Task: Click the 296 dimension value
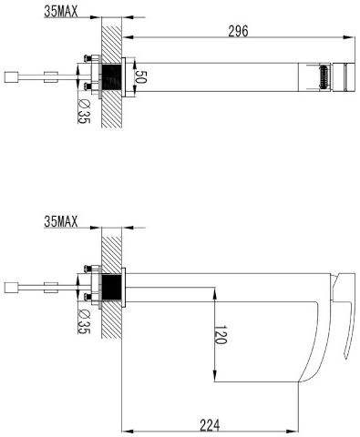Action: [238, 31]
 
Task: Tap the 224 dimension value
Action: [210, 425]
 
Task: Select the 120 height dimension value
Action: [221, 335]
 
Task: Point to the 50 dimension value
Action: [140, 76]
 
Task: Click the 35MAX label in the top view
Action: [61, 12]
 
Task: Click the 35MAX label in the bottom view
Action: [61, 221]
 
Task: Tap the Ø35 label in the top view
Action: [84, 111]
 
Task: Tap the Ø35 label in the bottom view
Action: [84, 321]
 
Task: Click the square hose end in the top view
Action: [11, 76]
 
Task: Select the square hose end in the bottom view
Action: [11, 287]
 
